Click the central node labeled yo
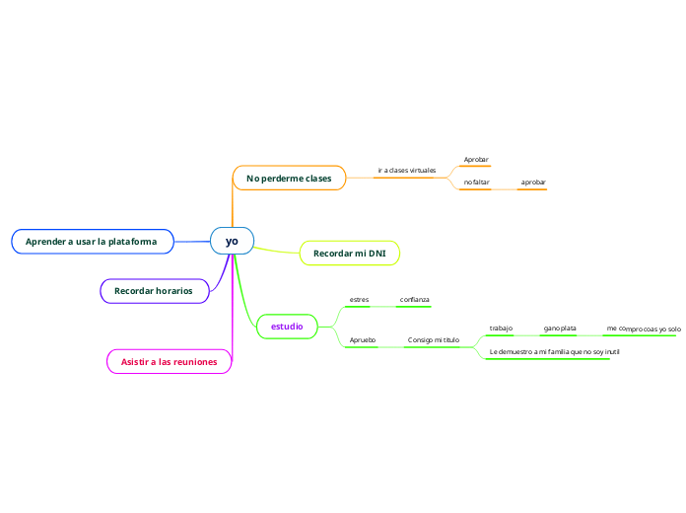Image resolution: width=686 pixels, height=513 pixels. (x=232, y=241)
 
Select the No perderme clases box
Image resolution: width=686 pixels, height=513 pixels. (x=289, y=178)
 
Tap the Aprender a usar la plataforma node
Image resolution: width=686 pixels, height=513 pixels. (x=92, y=241)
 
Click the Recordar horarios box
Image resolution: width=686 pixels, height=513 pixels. (x=154, y=291)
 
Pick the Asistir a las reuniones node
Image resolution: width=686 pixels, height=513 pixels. (x=170, y=362)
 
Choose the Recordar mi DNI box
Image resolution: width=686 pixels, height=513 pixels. (x=349, y=254)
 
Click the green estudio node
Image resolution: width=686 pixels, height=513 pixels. (x=287, y=326)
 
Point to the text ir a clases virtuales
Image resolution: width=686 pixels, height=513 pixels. (x=406, y=171)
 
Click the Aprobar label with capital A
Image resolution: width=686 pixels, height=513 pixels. (x=476, y=159)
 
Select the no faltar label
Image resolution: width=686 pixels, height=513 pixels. (x=476, y=183)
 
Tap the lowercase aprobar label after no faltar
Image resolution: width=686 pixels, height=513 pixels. (x=533, y=183)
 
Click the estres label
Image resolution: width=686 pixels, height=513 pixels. (x=359, y=299)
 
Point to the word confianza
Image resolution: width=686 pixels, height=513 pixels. (x=414, y=299)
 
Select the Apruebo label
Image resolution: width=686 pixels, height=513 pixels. (x=363, y=339)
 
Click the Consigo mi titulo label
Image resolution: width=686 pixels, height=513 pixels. (x=434, y=339)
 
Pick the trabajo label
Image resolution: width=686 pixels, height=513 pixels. (x=501, y=328)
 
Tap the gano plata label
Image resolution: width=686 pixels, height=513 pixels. (x=560, y=328)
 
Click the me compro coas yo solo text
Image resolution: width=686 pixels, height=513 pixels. (x=643, y=329)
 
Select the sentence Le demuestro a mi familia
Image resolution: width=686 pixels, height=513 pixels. (x=554, y=351)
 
